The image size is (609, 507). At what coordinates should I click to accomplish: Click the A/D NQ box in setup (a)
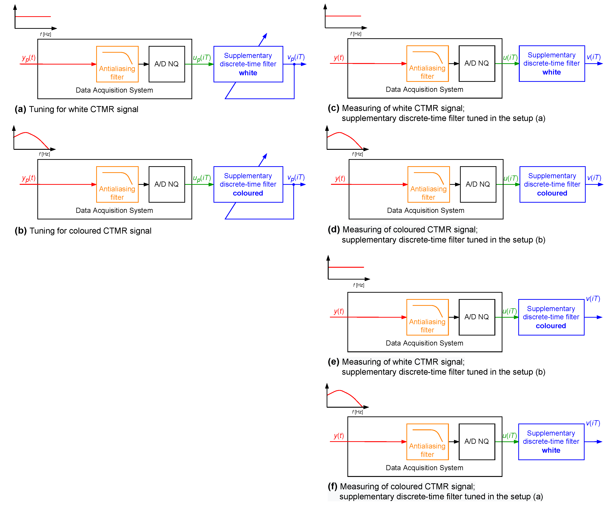point(167,64)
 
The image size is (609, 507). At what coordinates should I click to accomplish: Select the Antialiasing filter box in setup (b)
point(117,184)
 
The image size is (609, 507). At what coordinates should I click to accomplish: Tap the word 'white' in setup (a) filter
point(248,73)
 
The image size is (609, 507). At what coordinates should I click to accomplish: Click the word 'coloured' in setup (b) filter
point(248,193)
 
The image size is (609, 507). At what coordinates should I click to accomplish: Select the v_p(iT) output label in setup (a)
point(296,57)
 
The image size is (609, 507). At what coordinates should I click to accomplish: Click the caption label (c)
point(334,108)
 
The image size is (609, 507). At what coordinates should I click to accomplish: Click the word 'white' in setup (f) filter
point(551,451)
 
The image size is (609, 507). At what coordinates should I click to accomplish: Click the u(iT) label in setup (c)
point(510,57)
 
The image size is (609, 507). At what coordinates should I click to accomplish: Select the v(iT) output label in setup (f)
point(593,423)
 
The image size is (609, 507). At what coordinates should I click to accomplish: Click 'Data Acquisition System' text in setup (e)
point(424,343)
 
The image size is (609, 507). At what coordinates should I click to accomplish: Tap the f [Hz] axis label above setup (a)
point(46,34)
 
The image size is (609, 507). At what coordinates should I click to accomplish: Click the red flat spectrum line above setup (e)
point(346,267)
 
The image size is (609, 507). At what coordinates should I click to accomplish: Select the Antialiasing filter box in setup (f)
point(427,442)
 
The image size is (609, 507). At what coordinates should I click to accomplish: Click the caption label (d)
point(334,230)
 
